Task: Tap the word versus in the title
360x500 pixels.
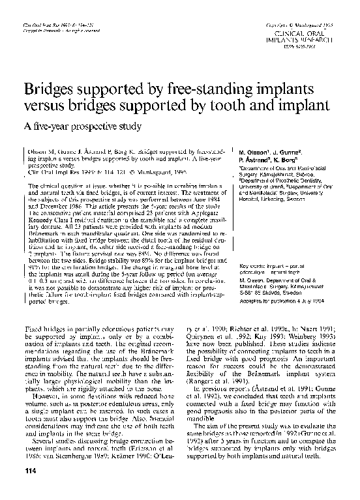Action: pyautogui.click(x=49, y=106)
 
